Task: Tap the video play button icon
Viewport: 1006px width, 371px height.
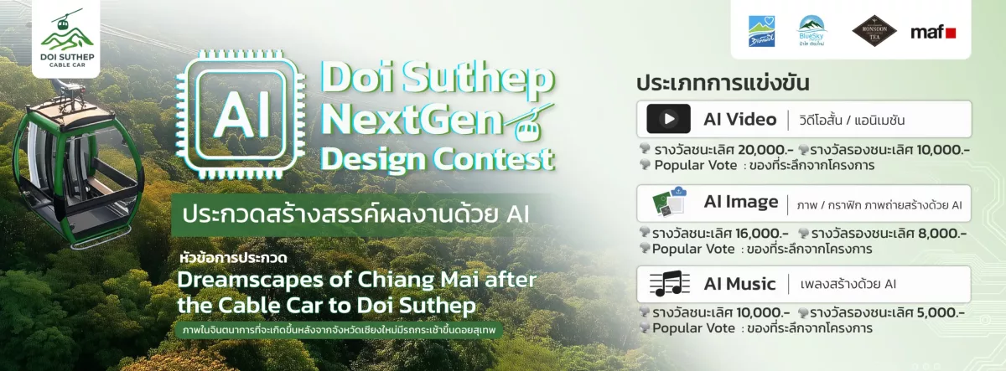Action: [x=668, y=119]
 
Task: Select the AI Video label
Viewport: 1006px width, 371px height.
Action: [x=740, y=119]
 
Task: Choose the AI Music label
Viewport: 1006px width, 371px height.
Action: [x=739, y=284]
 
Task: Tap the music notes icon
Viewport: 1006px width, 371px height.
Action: [x=669, y=284]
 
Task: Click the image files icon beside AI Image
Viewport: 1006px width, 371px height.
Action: [x=670, y=203]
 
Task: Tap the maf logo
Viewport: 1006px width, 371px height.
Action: [x=933, y=32]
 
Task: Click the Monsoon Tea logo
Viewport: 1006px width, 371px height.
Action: [x=874, y=31]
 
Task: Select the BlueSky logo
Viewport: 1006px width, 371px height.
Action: [x=812, y=32]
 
